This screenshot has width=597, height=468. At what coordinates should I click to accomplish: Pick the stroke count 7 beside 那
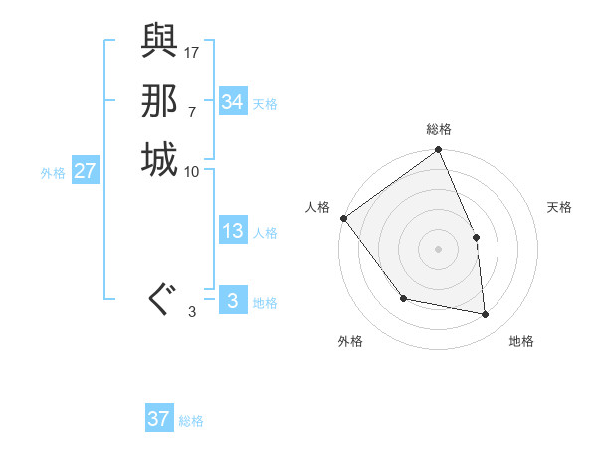click(x=192, y=111)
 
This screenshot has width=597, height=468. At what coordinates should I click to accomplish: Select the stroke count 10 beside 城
click(x=192, y=171)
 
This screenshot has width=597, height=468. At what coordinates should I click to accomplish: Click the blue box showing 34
click(x=233, y=102)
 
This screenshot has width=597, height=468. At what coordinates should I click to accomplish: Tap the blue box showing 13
click(x=233, y=232)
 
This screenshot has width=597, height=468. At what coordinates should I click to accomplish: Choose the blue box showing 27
click(x=86, y=172)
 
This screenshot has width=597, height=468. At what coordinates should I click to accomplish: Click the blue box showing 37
click(x=159, y=419)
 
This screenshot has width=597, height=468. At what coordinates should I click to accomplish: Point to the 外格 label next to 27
click(x=53, y=173)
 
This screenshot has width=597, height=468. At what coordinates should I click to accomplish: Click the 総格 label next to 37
click(x=191, y=421)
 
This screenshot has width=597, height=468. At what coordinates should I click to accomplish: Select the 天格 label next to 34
click(x=265, y=103)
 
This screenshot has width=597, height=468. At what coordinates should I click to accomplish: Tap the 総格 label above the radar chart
click(x=439, y=129)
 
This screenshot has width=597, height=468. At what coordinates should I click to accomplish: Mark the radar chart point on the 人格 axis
click(x=343, y=218)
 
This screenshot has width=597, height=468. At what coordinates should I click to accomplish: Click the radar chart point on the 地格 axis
click(x=486, y=315)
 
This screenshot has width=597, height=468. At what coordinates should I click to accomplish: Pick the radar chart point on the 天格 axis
click(x=476, y=237)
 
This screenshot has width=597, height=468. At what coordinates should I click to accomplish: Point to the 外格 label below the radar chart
click(x=350, y=341)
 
